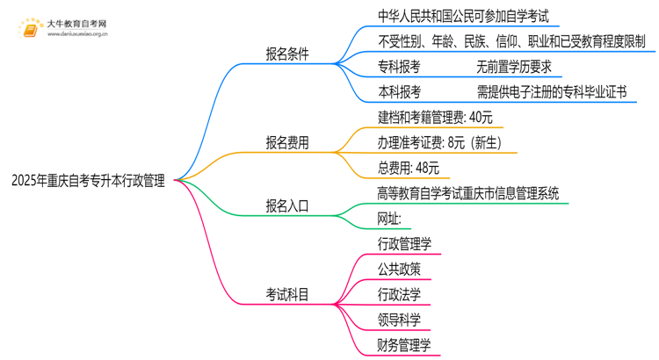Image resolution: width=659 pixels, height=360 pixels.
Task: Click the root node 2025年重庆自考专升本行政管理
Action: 88,181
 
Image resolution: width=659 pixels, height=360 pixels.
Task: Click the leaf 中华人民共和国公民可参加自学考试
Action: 456,15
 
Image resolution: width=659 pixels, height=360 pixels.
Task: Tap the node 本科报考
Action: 399,91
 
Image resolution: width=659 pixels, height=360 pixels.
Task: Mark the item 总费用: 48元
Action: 409,168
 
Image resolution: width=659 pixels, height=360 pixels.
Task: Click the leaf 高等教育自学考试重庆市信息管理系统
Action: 467,193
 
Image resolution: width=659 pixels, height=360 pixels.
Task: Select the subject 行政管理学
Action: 404,244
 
